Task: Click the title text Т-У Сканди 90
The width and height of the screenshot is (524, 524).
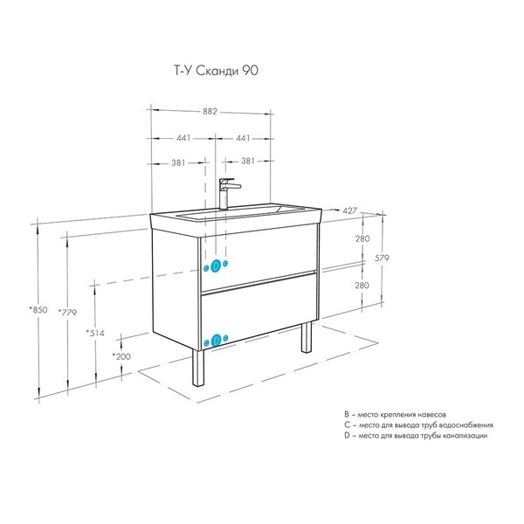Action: click(217, 71)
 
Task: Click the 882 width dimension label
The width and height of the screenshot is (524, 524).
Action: click(210, 112)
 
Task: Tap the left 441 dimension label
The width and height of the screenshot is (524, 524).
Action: click(183, 138)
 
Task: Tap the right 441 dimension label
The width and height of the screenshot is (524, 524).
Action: click(243, 138)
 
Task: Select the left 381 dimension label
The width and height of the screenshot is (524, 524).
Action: click(178, 162)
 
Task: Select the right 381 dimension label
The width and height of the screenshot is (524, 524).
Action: click(248, 161)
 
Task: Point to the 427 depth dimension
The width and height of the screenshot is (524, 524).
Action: click(350, 210)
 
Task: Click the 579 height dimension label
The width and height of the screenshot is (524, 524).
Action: click(382, 258)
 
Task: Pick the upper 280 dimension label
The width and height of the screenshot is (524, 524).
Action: click(362, 238)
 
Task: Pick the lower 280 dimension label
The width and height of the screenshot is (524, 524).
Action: click(362, 286)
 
